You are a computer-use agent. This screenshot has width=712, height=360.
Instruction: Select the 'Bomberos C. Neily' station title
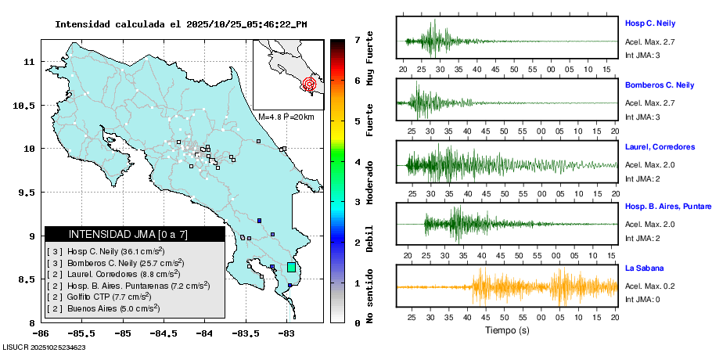pyautogui.click(x=660, y=85)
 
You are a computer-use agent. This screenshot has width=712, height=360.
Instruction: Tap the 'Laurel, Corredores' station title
pyautogui.click(x=660, y=146)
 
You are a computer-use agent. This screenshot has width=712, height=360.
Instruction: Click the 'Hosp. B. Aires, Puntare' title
pyautogui.click(x=667, y=207)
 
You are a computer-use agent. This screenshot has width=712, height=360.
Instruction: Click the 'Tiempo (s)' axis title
pyautogui.click(x=507, y=330)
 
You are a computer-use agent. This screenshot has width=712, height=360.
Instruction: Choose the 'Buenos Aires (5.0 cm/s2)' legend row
pyautogui.click(x=104, y=308)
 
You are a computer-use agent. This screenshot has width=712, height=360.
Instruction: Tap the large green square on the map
pyautogui.click(x=292, y=267)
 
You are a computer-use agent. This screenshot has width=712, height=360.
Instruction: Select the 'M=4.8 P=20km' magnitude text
pyautogui.click(x=286, y=117)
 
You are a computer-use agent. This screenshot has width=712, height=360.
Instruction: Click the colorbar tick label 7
pyautogui.click(x=357, y=39)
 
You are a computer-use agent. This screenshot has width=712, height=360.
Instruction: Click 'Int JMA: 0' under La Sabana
pyautogui.click(x=642, y=299)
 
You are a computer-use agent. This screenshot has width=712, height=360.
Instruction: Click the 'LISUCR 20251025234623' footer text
pyautogui.click(x=44, y=347)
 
